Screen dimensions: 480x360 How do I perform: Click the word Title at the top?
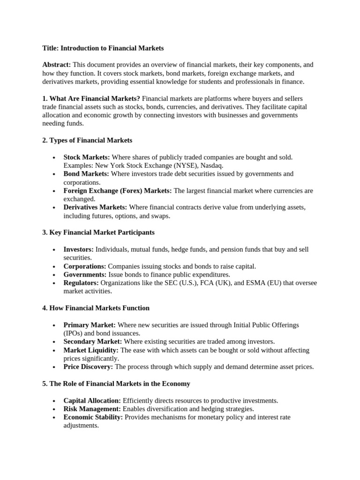[x=50, y=48]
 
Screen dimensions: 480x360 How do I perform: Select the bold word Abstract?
[x=56, y=65]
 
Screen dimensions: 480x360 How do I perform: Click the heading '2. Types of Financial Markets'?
[x=87, y=140]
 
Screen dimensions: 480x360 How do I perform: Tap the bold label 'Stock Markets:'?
[x=87, y=157]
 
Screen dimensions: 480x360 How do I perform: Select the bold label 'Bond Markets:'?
[x=86, y=174]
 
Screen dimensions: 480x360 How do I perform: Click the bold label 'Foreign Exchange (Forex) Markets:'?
[x=118, y=191]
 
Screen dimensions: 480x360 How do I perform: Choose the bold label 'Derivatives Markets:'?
[x=95, y=207]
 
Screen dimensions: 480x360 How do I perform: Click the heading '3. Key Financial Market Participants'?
[x=98, y=232]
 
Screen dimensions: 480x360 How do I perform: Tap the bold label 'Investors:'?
[x=78, y=249]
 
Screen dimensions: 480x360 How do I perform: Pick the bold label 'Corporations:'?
[x=85, y=266]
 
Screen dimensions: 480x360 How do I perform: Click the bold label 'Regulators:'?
[x=81, y=283]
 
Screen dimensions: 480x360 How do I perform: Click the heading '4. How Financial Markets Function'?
[x=96, y=308]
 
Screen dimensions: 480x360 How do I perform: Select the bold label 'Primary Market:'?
[x=90, y=325]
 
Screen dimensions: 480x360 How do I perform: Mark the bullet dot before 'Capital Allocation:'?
[x=55, y=401]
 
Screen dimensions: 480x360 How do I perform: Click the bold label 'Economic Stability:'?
[x=93, y=417]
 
